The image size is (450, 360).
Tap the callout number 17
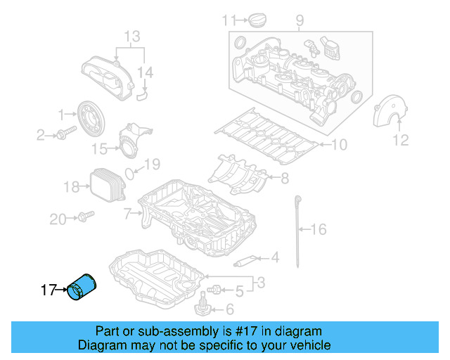[x=49, y=289]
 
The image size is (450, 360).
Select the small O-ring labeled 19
[x=131, y=172]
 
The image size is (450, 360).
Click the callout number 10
[x=338, y=146]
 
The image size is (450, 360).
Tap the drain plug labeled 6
[x=202, y=306]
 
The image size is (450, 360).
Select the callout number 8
[x=284, y=179]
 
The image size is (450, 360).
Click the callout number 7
[x=127, y=212]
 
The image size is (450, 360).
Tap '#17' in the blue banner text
[x=239, y=331]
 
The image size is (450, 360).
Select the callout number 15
[x=101, y=148]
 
